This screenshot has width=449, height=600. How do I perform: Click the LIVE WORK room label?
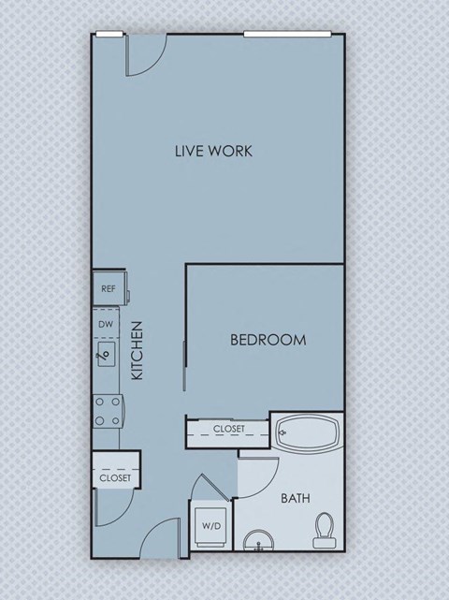[x=214, y=151]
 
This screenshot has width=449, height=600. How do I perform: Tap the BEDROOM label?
[x=268, y=340]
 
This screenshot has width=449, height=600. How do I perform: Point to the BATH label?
[x=297, y=499]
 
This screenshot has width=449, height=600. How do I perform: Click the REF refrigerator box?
[x=109, y=288]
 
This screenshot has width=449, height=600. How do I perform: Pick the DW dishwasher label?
[x=107, y=325]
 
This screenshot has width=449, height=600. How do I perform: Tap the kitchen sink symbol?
[x=107, y=354]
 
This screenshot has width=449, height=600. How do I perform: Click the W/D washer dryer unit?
[x=211, y=527]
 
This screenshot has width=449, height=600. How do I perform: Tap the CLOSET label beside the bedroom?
[x=229, y=429]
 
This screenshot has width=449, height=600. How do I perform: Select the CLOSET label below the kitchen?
[x=116, y=478]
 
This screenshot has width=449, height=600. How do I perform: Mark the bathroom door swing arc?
[x=259, y=476]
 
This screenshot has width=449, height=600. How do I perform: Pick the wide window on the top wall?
[x=290, y=35]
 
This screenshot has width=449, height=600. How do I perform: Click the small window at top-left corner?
[x=109, y=35]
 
